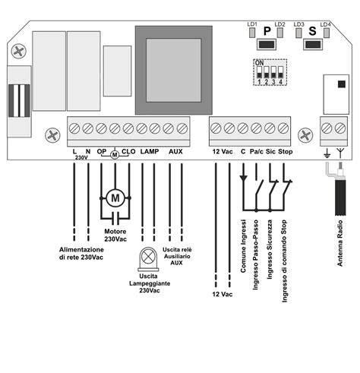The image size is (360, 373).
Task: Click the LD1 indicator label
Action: [252, 24]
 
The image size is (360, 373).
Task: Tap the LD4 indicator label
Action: [325, 24]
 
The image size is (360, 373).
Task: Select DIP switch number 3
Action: [273, 72]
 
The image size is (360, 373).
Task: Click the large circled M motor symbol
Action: [115, 198]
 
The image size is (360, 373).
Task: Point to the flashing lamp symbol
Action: [148, 259]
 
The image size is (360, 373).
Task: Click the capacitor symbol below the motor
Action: [115, 218]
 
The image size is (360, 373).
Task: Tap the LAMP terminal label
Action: [150, 151]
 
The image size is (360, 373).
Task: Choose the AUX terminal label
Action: [175, 151]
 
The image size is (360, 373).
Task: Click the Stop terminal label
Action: [286, 152]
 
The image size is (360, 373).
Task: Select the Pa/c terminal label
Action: [257, 152]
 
